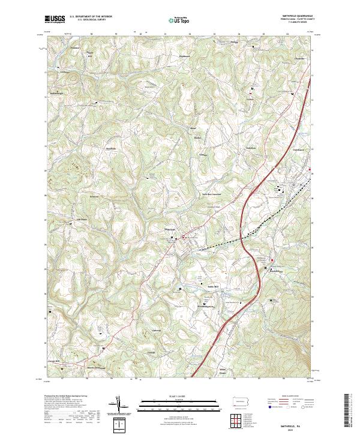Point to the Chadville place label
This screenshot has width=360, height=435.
[x=299, y=58]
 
